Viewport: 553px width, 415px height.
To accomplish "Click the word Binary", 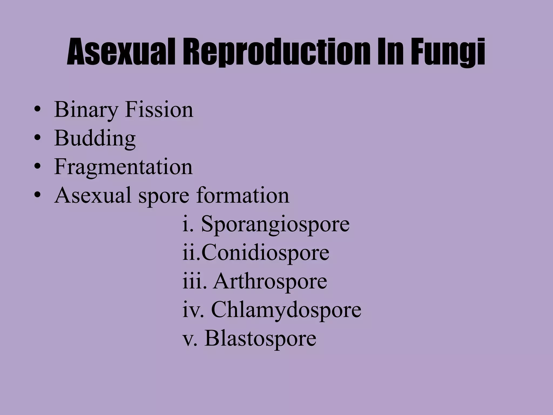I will [86, 110].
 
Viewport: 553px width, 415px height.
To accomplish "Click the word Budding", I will [95, 139].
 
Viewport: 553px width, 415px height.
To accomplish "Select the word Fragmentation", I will [123, 167].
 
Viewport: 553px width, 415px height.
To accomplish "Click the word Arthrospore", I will [270, 281].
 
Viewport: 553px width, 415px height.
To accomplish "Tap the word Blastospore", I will [260, 338].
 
